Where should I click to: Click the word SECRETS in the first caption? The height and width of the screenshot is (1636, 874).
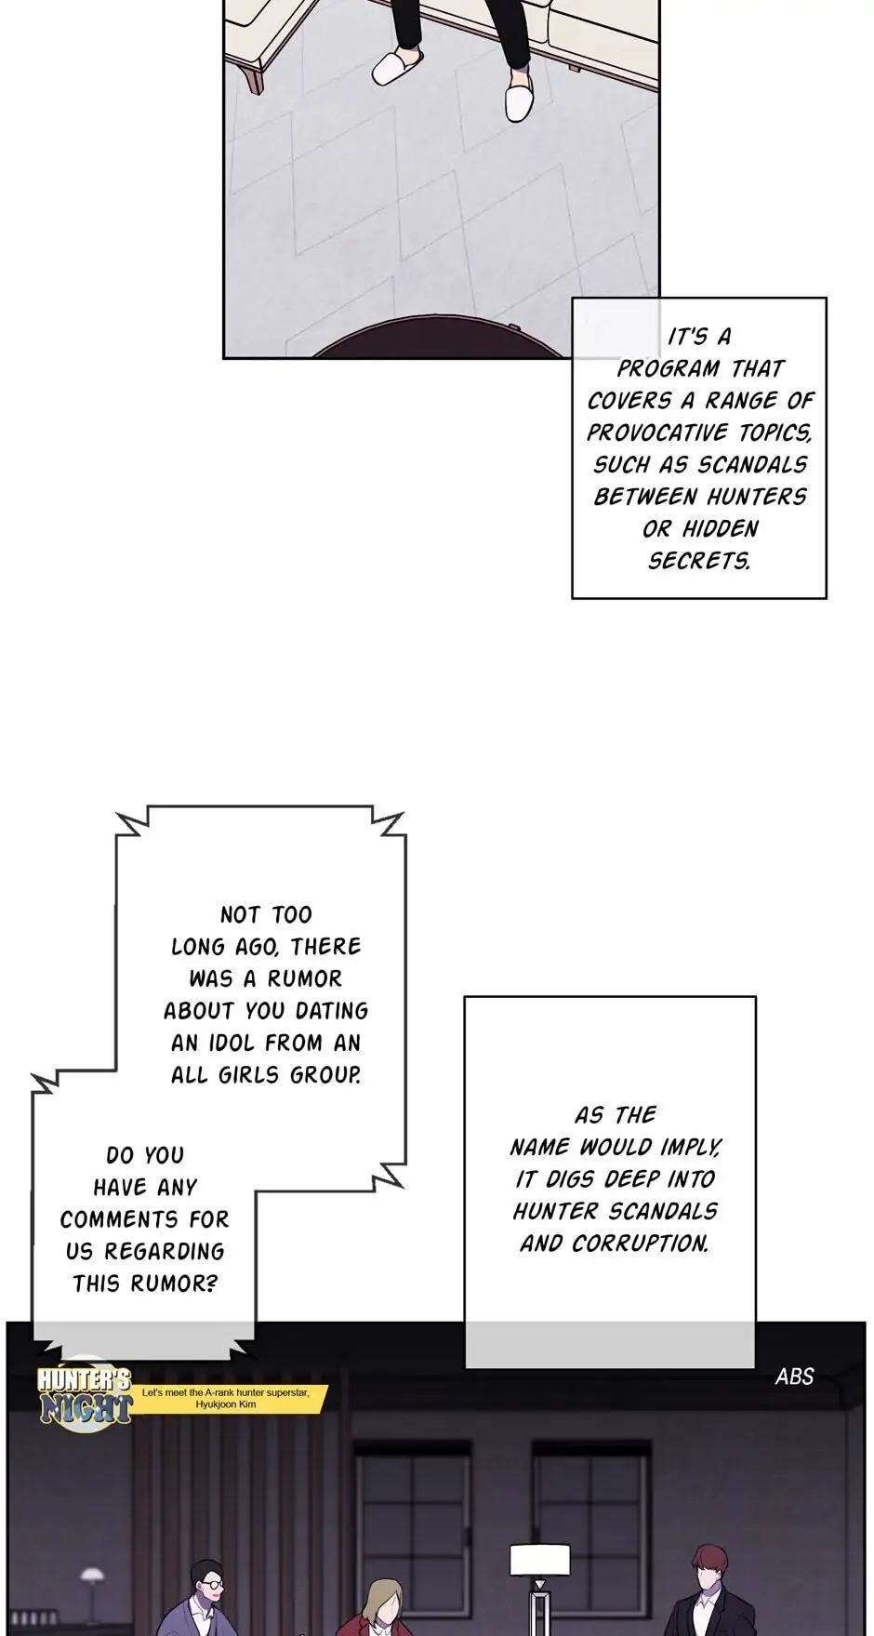[698, 561]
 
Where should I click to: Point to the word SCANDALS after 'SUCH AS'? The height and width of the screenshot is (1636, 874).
[752, 464]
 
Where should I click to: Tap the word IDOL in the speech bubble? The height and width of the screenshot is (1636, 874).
[228, 1043]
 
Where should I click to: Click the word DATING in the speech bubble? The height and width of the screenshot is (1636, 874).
[332, 1010]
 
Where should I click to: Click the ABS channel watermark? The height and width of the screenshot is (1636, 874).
[795, 1376]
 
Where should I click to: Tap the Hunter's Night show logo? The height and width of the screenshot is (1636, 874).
[84, 1395]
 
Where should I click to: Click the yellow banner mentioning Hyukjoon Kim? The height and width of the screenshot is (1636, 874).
[232, 1397]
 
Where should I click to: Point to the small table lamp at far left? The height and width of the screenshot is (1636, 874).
[91, 1581]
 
